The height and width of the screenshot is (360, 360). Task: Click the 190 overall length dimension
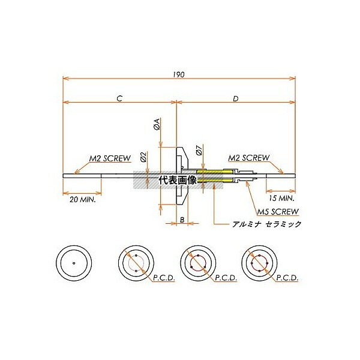(x=179, y=74)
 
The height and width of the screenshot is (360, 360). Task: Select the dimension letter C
(x=119, y=98)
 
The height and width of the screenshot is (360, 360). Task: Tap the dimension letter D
(x=236, y=99)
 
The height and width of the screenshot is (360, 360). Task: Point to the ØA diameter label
(x=157, y=125)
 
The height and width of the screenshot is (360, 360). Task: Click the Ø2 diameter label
(x=143, y=157)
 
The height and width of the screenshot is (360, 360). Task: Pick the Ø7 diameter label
(x=199, y=150)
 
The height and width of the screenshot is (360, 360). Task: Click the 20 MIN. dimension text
(x=82, y=200)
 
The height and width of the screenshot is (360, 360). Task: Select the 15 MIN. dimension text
(x=281, y=198)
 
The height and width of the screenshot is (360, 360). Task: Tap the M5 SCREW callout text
(x=278, y=211)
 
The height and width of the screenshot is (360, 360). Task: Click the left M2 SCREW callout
(x=110, y=158)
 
